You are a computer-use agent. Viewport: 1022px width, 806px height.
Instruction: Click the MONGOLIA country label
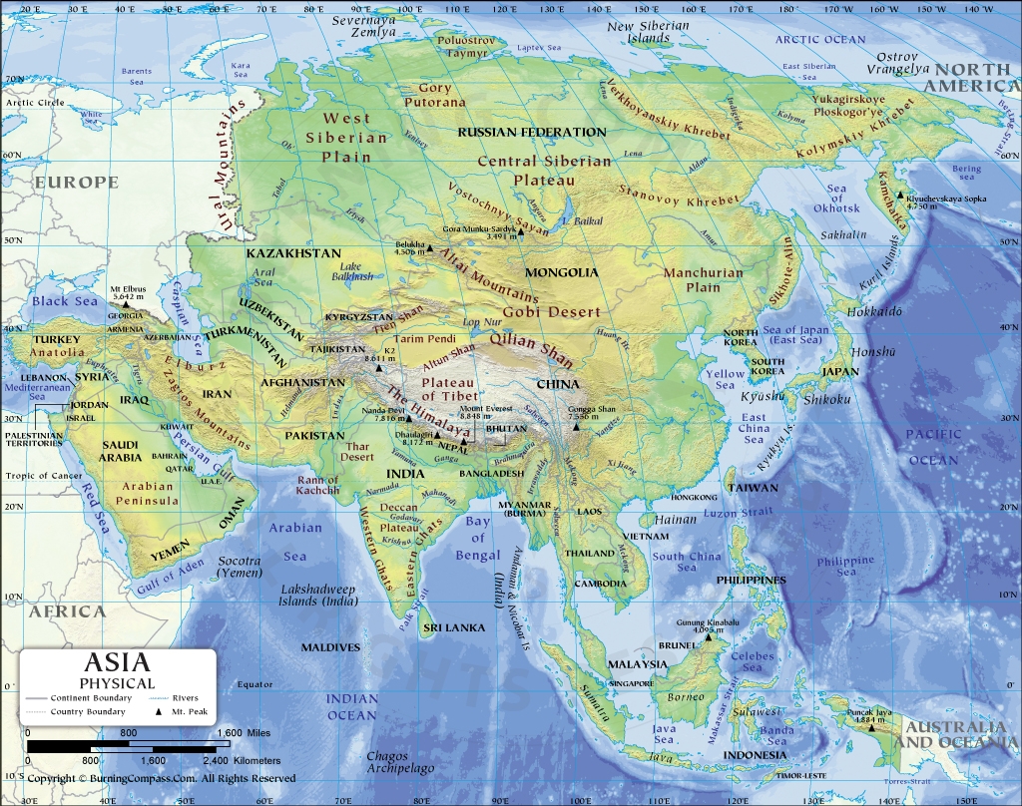(561, 272)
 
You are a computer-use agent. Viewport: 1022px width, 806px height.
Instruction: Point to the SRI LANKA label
(453, 627)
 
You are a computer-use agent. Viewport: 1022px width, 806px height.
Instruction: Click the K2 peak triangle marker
(378, 368)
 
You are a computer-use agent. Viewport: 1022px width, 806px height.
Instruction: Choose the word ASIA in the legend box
(117, 662)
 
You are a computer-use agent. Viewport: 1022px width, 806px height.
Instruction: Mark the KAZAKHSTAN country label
(293, 254)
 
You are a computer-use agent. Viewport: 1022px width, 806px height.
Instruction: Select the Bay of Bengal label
(478, 539)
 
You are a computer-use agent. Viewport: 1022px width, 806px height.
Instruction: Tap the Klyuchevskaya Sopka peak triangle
(900, 196)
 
